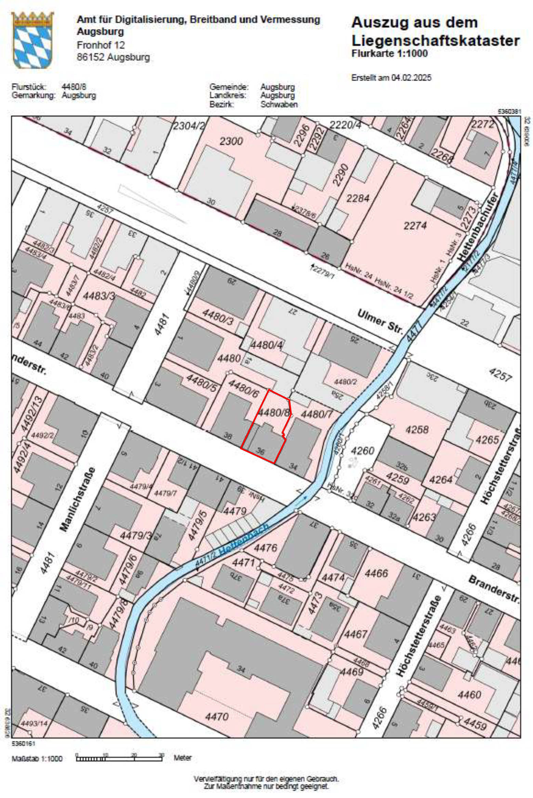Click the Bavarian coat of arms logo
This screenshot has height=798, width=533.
click(x=32, y=40)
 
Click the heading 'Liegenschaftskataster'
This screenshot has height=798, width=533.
click(x=435, y=41)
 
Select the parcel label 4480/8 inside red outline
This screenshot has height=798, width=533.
click(x=273, y=412)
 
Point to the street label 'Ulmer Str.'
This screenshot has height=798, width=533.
click(x=380, y=321)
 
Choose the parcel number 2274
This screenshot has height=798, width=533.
click(x=415, y=225)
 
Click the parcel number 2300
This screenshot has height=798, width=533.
click(x=231, y=141)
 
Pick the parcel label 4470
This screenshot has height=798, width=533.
click(x=217, y=716)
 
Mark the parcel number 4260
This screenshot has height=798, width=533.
click(x=362, y=451)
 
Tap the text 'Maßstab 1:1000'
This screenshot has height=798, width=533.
click(x=37, y=758)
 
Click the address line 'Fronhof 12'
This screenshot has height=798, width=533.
click(x=101, y=45)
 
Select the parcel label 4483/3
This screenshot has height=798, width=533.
click(x=99, y=295)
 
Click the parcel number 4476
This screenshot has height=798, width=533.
click(x=265, y=548)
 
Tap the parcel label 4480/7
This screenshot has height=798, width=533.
click(x=316, y=414)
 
